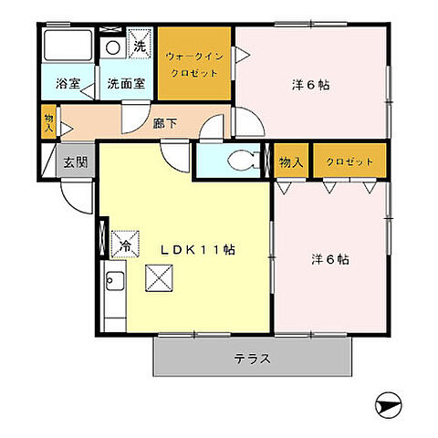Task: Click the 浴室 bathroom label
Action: pos(68,84)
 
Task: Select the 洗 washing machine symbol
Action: pos(140,45)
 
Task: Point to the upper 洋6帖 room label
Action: pos(311,85)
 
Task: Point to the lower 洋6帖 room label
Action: pos(331,258)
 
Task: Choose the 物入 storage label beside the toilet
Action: pos(290,162)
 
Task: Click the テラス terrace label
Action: pos(251,358)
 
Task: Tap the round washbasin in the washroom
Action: pos(113,47)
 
